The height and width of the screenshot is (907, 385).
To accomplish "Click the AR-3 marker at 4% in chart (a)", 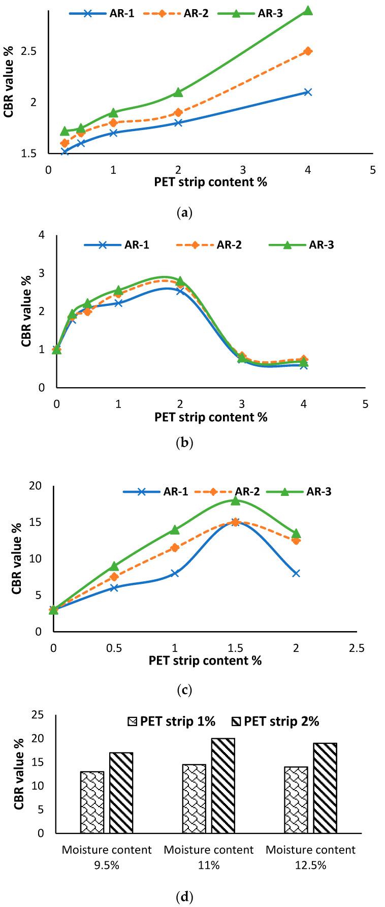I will (308, 11).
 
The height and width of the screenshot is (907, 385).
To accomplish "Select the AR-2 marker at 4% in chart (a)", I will (308, 51).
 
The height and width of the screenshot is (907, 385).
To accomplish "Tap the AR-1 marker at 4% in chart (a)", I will (308, 92).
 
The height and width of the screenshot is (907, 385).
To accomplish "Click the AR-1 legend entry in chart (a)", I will (102, 14).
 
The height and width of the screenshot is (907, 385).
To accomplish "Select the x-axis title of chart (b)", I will (211, 417).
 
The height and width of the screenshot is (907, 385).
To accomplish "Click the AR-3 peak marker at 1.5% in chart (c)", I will (235, 501).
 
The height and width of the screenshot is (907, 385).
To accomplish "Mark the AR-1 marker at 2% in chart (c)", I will (296, 573).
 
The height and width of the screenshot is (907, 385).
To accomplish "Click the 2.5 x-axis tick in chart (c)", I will (357, 648).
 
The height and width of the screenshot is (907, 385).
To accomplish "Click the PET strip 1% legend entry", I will (172, 721).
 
